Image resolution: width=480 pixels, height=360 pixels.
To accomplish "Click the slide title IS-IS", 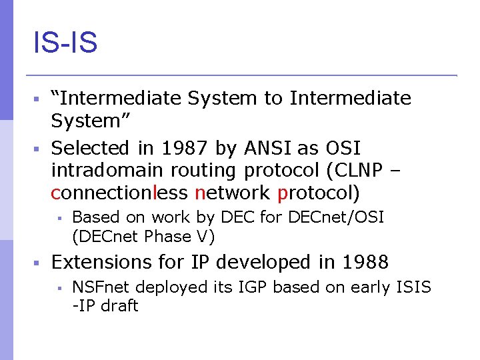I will [x=65, y=43].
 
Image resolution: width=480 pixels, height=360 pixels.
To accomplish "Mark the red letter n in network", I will [x=199, y=194].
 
